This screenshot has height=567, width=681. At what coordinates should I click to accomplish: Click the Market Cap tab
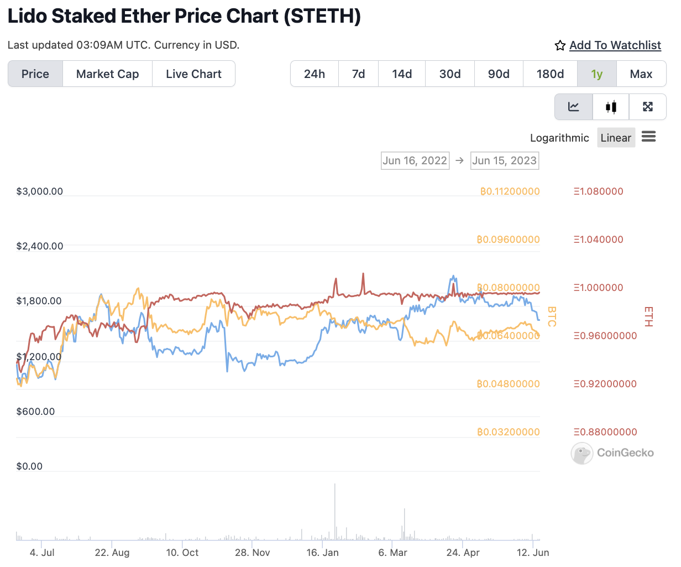coord(107,74)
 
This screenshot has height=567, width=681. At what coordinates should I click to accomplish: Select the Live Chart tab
coord(193,74)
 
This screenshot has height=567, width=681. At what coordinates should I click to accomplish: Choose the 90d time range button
coord(499,74)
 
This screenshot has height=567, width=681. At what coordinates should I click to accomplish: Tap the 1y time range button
coord(596,74)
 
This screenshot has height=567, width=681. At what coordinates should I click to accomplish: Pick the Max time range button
coord(641,74)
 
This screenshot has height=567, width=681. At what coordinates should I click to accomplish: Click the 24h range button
coord(315,74)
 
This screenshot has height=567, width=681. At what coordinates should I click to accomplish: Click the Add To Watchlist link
coord(615,45)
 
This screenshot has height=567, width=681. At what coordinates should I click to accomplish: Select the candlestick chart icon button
coord(611,107)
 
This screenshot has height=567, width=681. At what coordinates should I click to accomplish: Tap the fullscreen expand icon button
coord(648,107)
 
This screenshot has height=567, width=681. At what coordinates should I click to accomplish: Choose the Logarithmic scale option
coord(559,138)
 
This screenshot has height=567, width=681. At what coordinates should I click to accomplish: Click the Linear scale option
coord(616,138)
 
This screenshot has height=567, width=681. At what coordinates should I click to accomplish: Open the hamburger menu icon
coord(649,137)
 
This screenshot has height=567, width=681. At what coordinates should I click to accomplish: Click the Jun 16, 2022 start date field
coord(415,160)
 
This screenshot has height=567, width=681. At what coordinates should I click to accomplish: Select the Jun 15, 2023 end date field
coord(504,160)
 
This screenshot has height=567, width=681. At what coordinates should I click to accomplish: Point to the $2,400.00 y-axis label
coord(40,246)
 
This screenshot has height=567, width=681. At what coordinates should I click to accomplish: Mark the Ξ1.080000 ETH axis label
coord(598,191)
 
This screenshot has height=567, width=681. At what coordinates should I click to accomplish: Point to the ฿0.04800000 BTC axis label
coord(508,384)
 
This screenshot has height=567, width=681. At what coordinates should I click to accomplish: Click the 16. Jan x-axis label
coord(323,553)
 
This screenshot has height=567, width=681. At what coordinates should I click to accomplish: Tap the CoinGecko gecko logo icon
coord(582,453)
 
